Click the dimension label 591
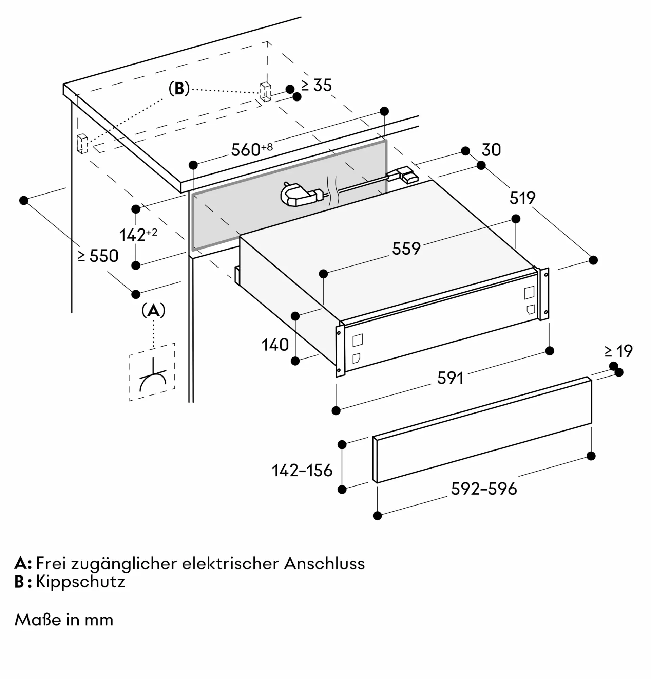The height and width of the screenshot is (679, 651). (x=450, y=378)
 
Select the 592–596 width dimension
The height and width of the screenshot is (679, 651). (x=484, y=489)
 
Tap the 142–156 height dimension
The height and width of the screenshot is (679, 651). (x=302, y=471)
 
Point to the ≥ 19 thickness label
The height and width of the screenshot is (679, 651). (x=619, y=351)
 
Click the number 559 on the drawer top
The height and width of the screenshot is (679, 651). (x=406, y=249)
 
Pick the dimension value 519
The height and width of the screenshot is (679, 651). (x=522, y=198)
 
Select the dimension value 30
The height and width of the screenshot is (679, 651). (x=491, y=150)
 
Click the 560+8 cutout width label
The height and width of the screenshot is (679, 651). (x=252, y=149)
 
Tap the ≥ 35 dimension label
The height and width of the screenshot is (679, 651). (x=316, y=85)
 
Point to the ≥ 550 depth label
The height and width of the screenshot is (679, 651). (x=98, y=256)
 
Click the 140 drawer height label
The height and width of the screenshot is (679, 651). (x=275, y=345)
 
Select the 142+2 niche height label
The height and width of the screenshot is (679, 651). (x=138, y=235)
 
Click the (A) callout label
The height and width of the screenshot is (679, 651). (x=153, y=311)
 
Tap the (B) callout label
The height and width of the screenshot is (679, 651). (x=179, y=89)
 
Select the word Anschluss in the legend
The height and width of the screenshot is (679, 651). (x=325, y=564)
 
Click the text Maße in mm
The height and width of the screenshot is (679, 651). (x=64, y=620)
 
